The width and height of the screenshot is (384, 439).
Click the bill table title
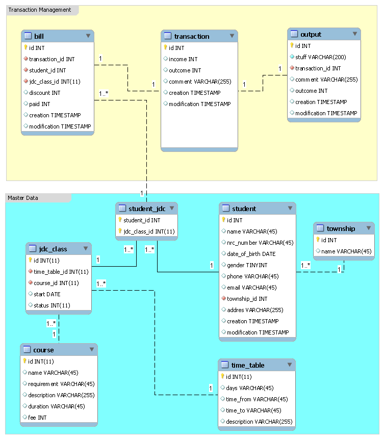[x=39, y=36]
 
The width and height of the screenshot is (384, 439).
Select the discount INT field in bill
[x=44, y=93]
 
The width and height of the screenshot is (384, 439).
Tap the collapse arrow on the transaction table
[x=232, y=36]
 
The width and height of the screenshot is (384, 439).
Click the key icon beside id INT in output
[x=292, y=46]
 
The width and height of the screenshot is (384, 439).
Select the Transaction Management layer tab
[x=40, y=10]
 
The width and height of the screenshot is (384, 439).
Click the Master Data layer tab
[x=23, y=198]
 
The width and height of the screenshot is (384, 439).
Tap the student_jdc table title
[x=147, y=208]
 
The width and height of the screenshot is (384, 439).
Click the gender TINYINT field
[x=247, y=265]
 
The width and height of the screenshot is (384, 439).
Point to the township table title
[x=341, y=228]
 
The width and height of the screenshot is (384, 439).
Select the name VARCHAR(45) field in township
[x=346, y=251]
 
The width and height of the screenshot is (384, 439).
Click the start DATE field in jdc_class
[x=47, y=294]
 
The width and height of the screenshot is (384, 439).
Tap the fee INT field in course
[x=37, y=418]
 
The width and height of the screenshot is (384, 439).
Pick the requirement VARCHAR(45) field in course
[x=61, y=384]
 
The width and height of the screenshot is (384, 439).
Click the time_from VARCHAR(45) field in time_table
[x=257, y=399]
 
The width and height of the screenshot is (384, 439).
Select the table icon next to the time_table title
[x=225, y=365]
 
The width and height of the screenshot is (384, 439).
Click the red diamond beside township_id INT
[x=223, y=299]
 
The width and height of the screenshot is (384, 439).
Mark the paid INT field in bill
[x=39, y=104]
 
